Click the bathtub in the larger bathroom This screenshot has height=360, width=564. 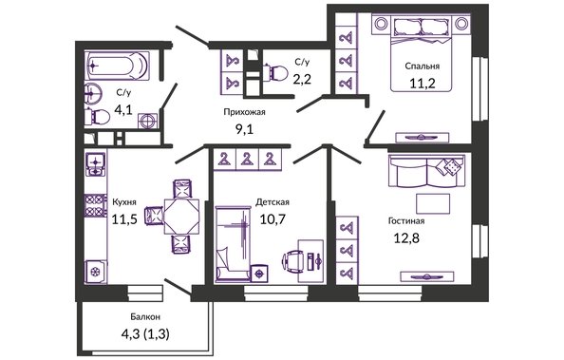coord(118,66)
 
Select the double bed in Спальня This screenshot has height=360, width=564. coord(421,52)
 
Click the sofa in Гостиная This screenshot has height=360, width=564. coord(426,171)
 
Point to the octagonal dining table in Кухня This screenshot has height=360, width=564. coord(181,217)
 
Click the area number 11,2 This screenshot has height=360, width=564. coord(423,84)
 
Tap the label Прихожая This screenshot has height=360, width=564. coord(244,112)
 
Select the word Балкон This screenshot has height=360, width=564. coord(145,317)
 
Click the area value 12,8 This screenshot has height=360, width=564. coord(406,238)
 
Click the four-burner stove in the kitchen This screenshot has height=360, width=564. coord(95,205)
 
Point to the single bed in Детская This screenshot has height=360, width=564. coord(232,244)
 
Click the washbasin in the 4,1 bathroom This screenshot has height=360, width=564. coord(93,93)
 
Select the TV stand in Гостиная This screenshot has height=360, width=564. coord(427,276)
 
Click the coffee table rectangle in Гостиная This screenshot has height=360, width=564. coord(433,204)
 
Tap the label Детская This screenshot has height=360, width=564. coord(273,202)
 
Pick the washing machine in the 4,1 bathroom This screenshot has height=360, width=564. coord(148,121)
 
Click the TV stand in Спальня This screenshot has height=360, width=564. coord(423,137)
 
